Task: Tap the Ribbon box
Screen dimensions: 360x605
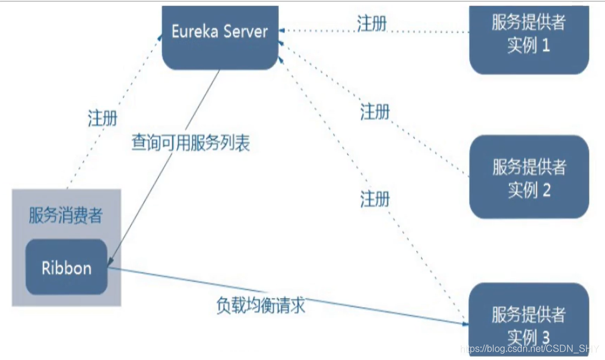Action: pos(66,268)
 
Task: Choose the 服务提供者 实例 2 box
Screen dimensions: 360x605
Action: pos(528,177)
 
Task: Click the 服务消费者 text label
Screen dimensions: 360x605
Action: pos(65,216)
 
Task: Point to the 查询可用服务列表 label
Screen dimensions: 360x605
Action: pos(191,143)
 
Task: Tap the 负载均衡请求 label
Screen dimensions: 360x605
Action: pos(261,305)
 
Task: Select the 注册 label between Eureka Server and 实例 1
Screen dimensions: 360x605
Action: pos(372,23)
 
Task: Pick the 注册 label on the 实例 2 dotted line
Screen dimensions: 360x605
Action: pos(375,111)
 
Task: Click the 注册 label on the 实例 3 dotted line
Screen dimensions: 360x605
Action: pos(375,199)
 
